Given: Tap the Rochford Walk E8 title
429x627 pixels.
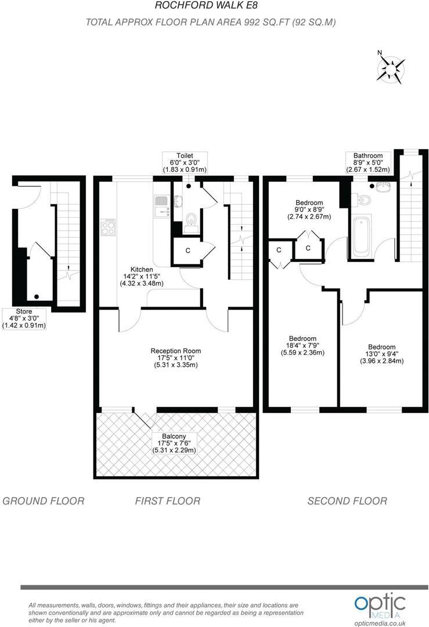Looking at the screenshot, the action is (x=206, y=6).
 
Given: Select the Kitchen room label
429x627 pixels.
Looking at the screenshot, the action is (x=142, y=276).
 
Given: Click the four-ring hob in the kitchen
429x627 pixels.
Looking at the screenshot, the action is (x=108, y=227).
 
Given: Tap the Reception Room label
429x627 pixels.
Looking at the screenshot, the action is (x=175, y=358).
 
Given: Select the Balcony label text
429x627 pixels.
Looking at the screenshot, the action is (x=174, y=443).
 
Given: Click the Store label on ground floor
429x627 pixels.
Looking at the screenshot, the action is (x=24, y=318).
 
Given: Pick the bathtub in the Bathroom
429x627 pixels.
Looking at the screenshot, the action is (x=362, y=236).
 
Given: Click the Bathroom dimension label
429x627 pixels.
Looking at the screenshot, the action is (x=368, y=163).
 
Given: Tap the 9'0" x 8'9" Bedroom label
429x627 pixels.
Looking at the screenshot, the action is (x=309, y=210).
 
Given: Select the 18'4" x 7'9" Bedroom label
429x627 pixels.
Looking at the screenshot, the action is (x=302, y=345).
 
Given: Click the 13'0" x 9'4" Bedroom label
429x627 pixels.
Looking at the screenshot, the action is (x=382, y=354).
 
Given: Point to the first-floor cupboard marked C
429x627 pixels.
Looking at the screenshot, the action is (x=188, y=251).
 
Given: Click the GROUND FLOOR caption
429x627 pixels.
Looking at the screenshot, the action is (x=44, y=500).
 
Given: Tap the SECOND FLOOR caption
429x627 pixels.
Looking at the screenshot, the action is (x=347, y=500).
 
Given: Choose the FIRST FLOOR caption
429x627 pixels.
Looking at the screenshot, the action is (x=168, y=500).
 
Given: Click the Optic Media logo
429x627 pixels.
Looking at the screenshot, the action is (x=380, y=605).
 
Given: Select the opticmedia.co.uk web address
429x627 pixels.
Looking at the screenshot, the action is (x=380, y=623).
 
